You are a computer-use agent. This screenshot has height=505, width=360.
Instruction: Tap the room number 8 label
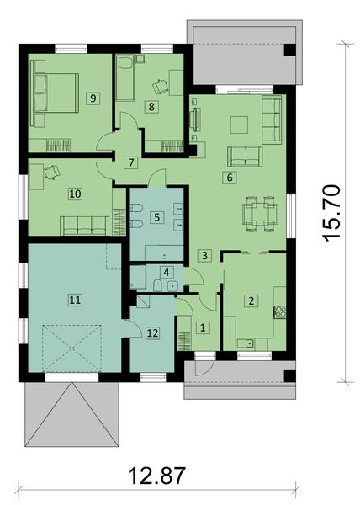coord(151,106)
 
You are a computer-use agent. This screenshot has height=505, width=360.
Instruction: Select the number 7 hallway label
coord(130,162)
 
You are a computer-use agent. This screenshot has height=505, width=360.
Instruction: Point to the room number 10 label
coord(75,193)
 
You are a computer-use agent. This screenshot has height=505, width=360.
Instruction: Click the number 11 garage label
coord(74,299)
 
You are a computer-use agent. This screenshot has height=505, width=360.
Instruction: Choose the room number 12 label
coord(151,332)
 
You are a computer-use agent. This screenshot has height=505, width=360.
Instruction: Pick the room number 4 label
coord(167,272)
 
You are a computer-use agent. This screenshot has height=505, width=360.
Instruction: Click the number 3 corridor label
coord(203,254)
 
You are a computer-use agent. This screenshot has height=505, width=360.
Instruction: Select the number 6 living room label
coord(226,177)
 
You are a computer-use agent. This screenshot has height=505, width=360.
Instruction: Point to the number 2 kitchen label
coord(250,300)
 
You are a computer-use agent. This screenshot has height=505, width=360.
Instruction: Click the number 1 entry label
coord(202,327)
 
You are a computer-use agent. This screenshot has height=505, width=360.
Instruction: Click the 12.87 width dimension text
coord(156,476)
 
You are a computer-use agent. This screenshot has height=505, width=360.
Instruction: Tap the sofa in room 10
coord(84,225)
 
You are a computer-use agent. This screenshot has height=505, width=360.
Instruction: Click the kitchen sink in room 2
coord(246,343)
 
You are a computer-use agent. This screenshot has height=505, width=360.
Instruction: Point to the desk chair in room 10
coord(50,171)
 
